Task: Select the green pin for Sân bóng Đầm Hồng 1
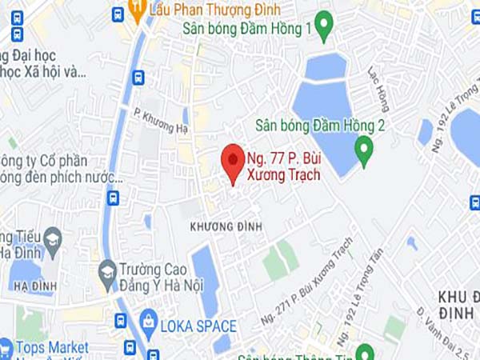(x=324, y=27)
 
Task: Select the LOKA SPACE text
(x=198, y=326)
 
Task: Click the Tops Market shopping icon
(x=4, y=348)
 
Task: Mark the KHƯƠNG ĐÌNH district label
(x=226, y=226)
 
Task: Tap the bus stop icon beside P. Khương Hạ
(x=138, y=78)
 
